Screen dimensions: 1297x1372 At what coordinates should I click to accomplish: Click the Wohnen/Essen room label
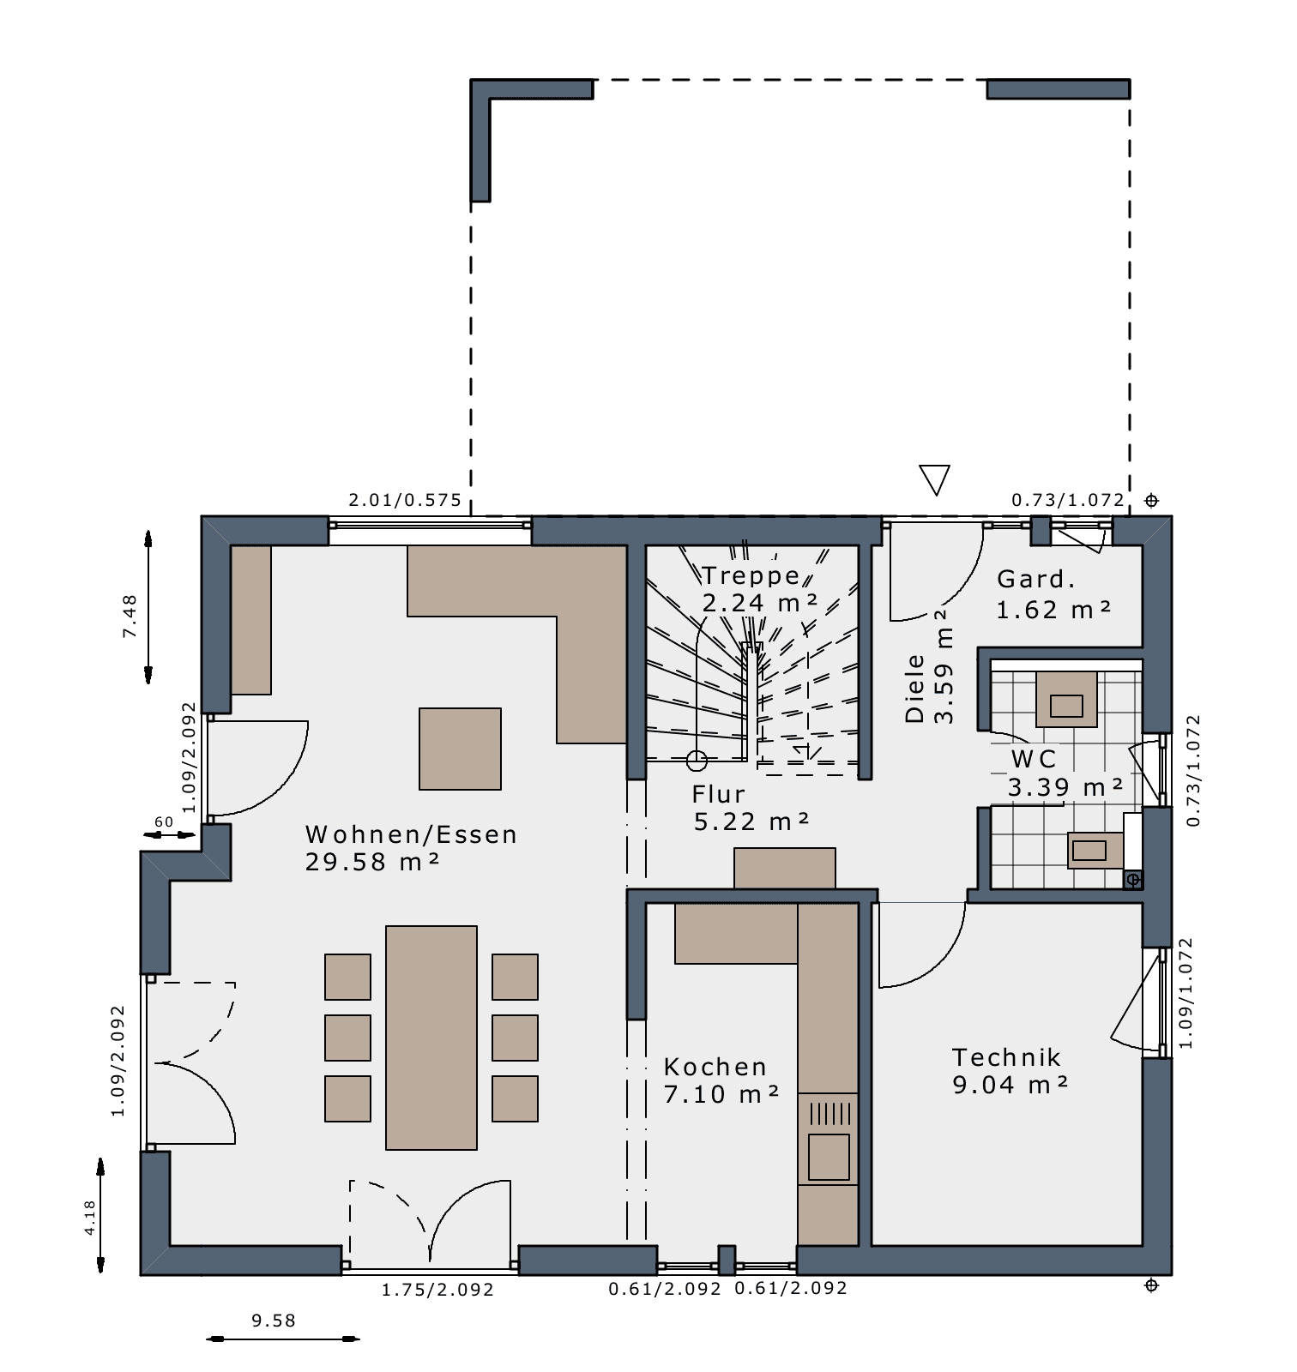point(411,834)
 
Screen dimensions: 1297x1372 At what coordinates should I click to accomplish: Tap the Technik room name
point(1006,1057)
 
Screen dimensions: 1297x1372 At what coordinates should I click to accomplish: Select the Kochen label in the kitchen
point(715,1067)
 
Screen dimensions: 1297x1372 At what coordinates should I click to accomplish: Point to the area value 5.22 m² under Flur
point(751,821)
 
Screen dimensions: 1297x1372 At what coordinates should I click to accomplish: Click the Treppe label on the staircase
point(751,575)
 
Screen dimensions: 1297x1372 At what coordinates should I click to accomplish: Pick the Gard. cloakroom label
point(1036,579)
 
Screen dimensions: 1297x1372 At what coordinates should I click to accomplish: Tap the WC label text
point(1034,759)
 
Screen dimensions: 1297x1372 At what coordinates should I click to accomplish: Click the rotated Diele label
point(915,689)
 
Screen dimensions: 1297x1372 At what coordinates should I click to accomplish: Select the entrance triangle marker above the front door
point(934,479)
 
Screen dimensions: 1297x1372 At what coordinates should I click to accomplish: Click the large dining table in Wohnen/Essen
point(431,1038)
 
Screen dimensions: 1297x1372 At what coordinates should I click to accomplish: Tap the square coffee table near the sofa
point(460,749)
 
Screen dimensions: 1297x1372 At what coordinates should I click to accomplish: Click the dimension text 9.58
point(274,1321)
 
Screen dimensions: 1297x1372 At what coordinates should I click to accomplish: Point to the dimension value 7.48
point(130,616)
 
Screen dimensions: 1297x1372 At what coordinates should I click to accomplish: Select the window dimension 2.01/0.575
point(405,500)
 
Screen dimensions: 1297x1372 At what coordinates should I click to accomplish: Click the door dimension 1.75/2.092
point(437,1290)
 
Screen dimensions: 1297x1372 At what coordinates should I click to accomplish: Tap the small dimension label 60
point(164,821)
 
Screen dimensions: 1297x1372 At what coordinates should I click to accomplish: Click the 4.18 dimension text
point(90,1218)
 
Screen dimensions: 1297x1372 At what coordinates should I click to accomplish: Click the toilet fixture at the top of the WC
point(1066,700)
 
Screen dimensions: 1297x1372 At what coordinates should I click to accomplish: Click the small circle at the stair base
point(697,760)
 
